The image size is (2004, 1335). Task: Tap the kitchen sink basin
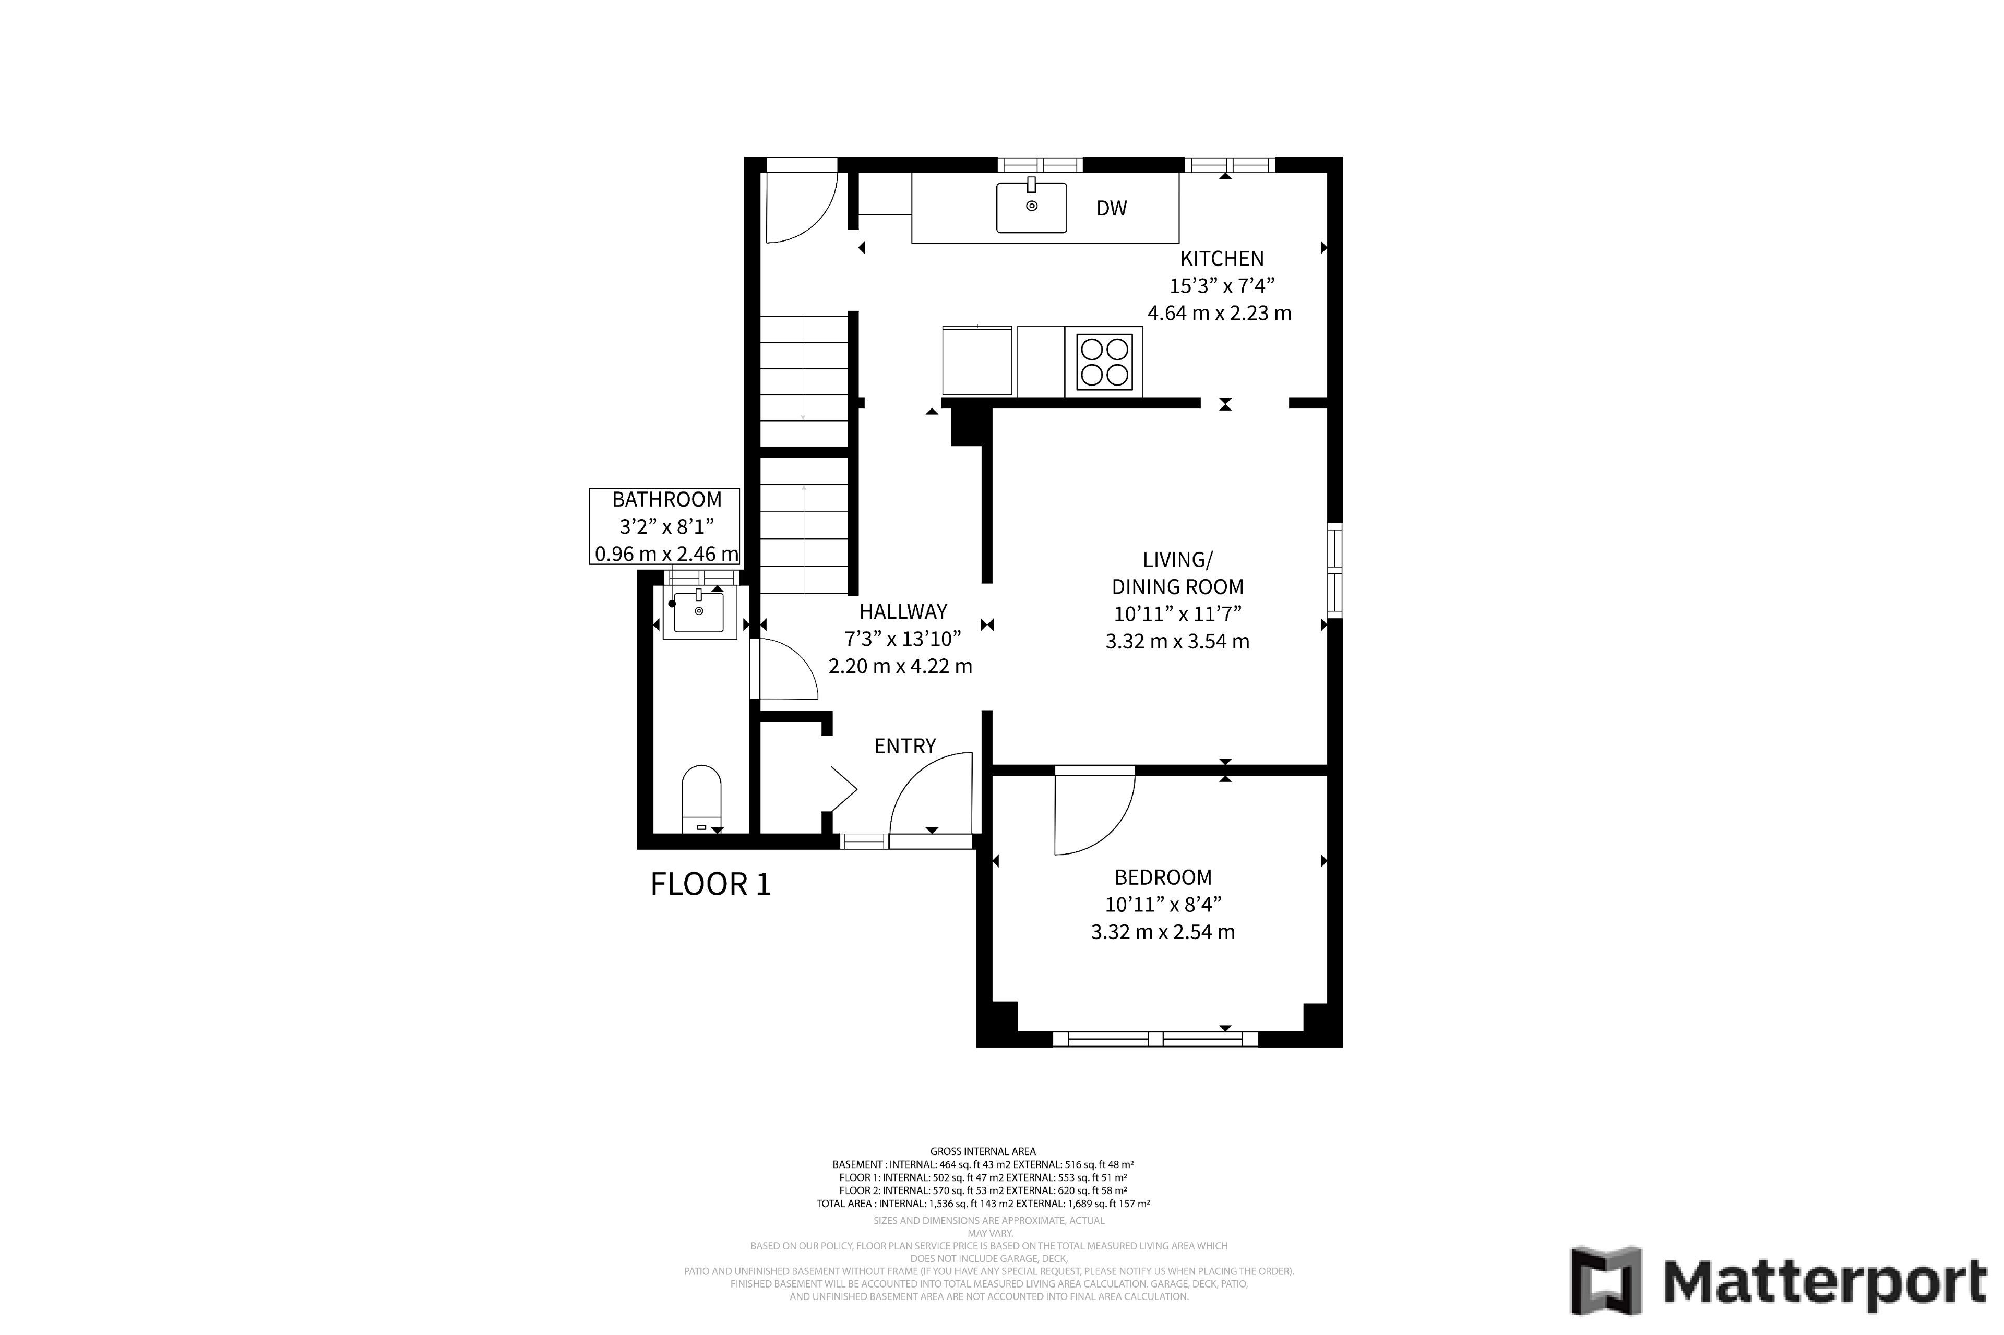(1031, 207)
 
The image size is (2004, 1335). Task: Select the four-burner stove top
(1104, 362)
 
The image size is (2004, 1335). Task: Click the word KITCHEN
(1221, 259)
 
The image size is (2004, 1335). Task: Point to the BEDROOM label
(1163, 877)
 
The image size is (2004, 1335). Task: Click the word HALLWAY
(903, 611)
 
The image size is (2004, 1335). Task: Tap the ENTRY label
(904, 747)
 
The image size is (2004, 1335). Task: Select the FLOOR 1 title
(710, 885)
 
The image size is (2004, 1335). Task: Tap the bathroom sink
(699, 611)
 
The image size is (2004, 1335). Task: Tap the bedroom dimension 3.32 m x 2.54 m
(1163, 932)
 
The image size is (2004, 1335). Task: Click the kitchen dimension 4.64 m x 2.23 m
(1220, 314)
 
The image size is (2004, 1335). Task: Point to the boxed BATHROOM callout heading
(667, 500)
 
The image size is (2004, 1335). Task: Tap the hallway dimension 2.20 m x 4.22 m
(900, 666)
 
